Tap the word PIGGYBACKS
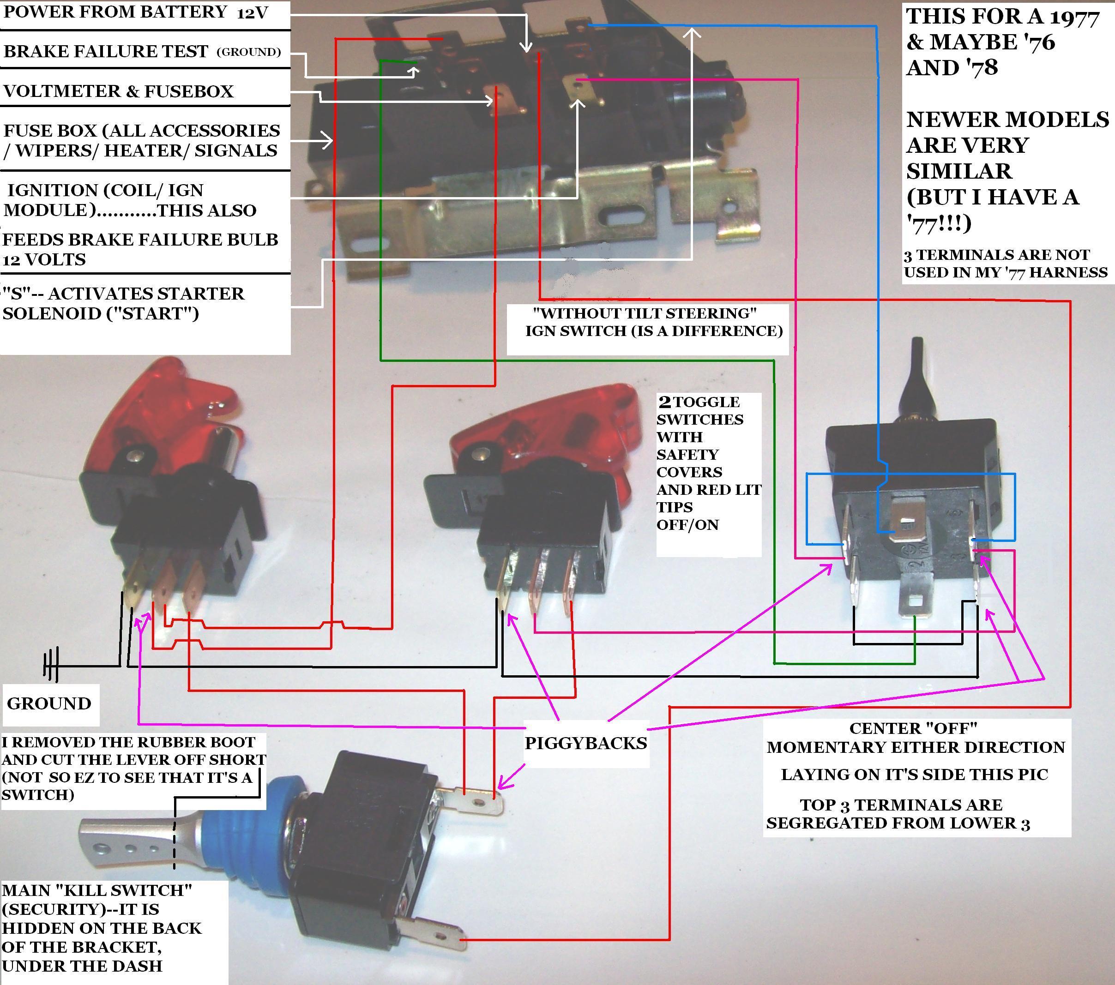point(585,743)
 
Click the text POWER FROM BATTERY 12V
point(136,12)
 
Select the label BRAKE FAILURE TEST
point(106,51)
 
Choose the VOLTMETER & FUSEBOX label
point(118,91)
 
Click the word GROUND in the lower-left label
point(49,703)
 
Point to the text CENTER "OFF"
point(913,728)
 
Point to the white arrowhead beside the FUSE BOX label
point(327,141)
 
